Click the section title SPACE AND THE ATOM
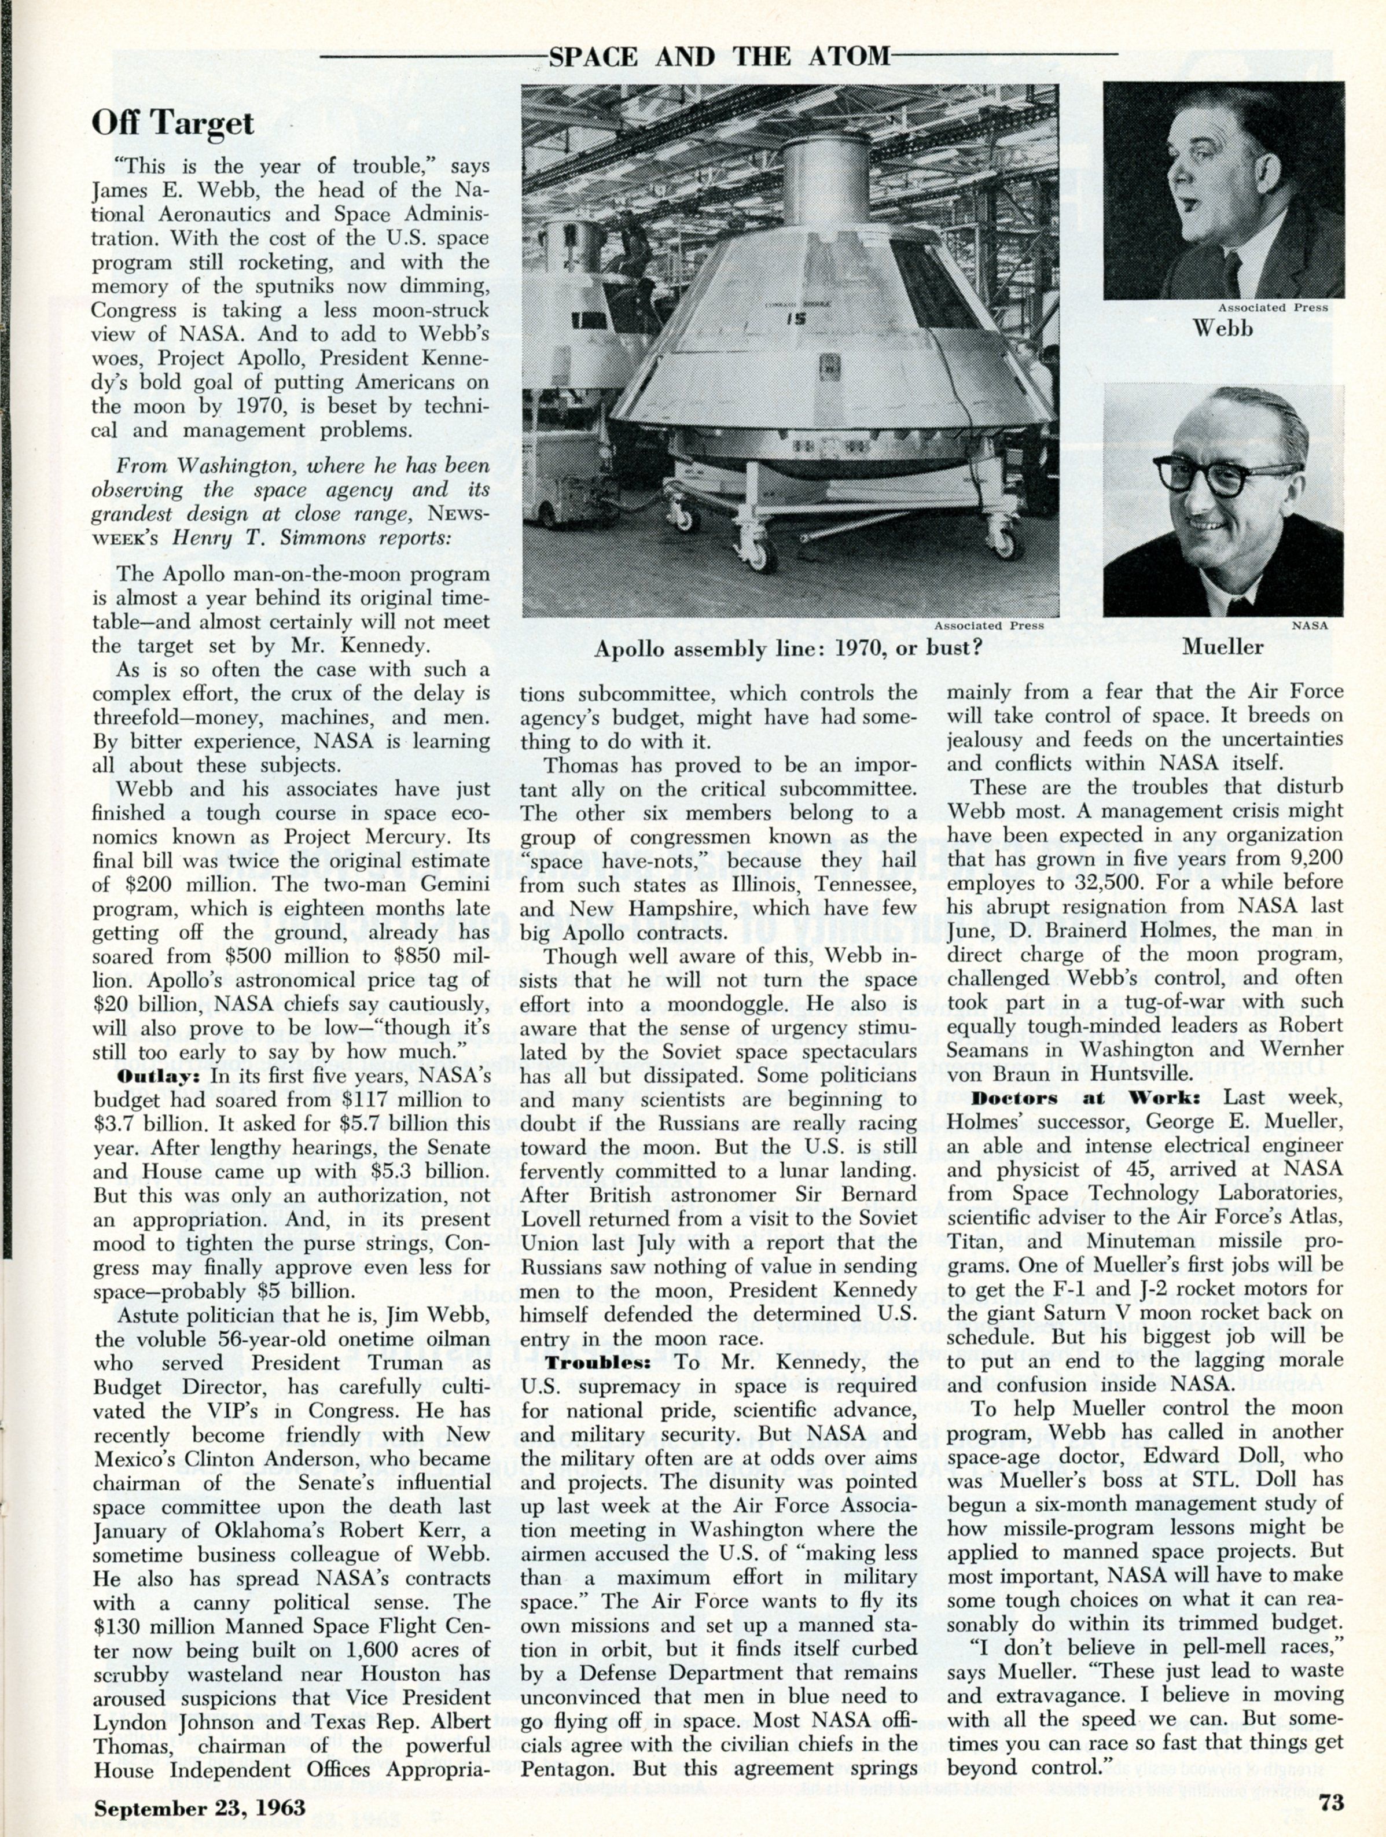[719, 57]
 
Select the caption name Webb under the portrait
[1223, 329]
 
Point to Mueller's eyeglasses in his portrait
[1201, 477]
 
